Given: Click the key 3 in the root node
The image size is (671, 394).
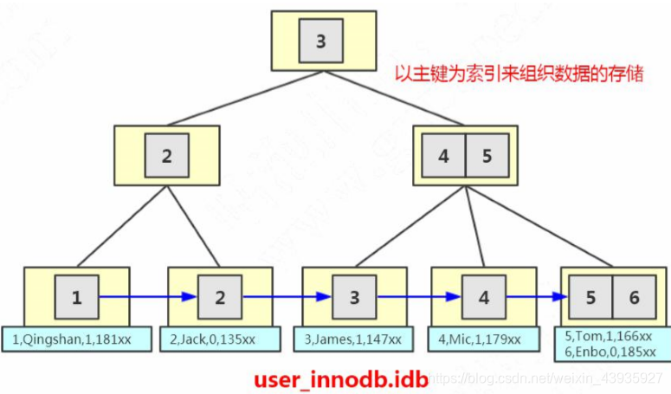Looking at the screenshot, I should tap(321, 41).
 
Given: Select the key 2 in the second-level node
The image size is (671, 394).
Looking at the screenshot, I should tap(166, 157).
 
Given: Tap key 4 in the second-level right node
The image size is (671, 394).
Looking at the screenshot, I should tap(443, 157).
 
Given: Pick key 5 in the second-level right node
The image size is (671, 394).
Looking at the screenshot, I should tap(487, 157).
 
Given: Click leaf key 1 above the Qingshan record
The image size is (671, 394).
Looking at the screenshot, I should tap(77, 298).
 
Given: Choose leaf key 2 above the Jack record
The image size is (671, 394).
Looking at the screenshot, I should tap(220, 298).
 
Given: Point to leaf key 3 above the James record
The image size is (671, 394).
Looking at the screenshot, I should tap(354, 298).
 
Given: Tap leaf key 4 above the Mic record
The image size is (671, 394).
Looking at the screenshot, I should tap(484, 298).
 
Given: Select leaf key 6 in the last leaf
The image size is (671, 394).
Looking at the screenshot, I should tap(635, 298).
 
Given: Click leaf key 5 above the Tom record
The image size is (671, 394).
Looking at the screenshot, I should tap(591, 298).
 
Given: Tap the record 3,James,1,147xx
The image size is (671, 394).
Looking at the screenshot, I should tap(354, 338).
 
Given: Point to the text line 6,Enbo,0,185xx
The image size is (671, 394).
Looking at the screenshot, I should tap(611, 352).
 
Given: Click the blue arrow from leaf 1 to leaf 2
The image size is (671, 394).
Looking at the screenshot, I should tap(147, 297).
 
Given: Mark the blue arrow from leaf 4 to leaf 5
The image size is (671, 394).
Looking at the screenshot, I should tap(537, 297).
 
